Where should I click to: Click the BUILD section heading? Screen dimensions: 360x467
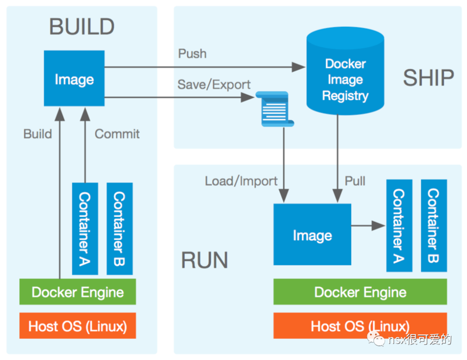pos(82,27)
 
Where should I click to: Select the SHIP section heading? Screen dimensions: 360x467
pos(428,78)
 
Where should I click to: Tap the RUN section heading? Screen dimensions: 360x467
pos(204,261)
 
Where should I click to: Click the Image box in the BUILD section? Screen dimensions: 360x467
pos(74,79)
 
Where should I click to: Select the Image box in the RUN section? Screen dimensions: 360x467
pos(312,235)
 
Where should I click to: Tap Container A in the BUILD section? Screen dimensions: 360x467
pos(85,229)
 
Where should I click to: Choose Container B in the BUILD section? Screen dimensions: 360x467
pos(119,229)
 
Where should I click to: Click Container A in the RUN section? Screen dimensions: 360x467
pos(399,226)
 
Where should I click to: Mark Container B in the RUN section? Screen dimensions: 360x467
pos(434,226)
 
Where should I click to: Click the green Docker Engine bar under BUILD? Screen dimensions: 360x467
pos(78,292)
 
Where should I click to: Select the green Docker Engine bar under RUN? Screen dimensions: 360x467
pos(360,292)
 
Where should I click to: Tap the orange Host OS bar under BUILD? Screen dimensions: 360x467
pos(78,326)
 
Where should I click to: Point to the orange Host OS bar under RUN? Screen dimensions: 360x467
pos(360,326)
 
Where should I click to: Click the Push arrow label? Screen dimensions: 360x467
pos(192,54)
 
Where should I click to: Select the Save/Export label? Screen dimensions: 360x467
pos(214,84)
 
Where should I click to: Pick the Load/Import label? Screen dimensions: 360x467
pos(241,181)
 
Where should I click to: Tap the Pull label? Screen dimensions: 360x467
pos(355,181)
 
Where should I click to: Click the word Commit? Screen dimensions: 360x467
pos(117,134)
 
